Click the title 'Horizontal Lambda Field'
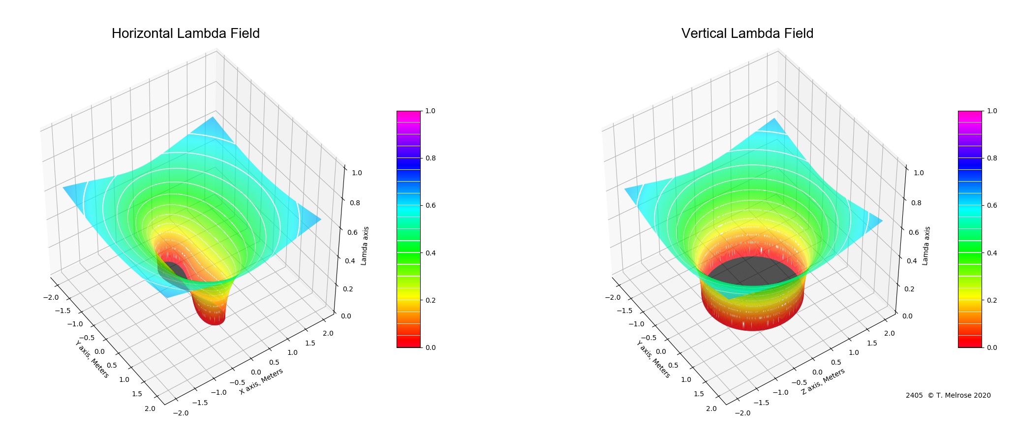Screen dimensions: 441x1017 click(185, 33)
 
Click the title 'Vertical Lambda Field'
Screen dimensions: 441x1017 click(747, 33)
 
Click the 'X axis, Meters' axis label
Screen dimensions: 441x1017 click(261, 381)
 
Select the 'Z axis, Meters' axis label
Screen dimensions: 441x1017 click(823, 381)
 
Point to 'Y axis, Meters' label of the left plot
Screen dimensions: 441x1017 click(92, 359)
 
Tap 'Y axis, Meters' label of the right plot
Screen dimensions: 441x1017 click(653, 359)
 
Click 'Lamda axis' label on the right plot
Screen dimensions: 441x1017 click(925, 246)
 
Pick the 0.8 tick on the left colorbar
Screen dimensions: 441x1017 click(430, 158)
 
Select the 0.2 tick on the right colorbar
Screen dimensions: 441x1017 click(992, 300)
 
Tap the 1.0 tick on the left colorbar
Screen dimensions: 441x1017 click(430, 111)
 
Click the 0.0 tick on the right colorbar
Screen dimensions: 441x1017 click(992, 347)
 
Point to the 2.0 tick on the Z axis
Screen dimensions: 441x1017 click(889, 333)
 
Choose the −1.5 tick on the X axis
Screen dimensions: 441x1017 click(199, 402)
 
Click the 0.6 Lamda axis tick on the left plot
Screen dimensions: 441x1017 click(352, 232)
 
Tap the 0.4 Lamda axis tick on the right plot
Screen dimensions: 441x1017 click(912, 261)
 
